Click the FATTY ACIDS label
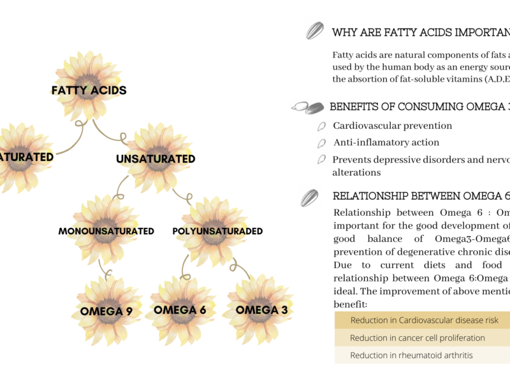[x=89, y=90]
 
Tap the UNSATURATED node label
[x=156, y=159]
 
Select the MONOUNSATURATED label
[x=106, y=231]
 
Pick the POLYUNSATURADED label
[x=217, y=231]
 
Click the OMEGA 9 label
[x=106, y=312]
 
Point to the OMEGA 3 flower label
[x=261, y=310]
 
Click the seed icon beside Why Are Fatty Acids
[x=316, y=31]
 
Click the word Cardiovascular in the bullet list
[x=360, y=126]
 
